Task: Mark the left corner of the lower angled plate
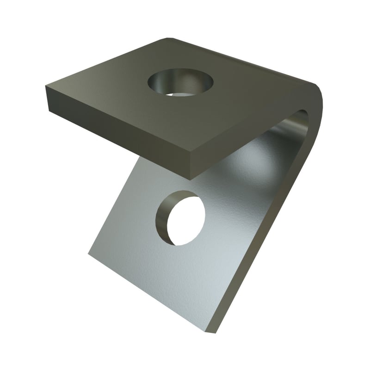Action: (x=89, y=254)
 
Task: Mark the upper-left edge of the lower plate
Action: (x=111, y=208)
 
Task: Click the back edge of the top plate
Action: (x=240, y=60)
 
